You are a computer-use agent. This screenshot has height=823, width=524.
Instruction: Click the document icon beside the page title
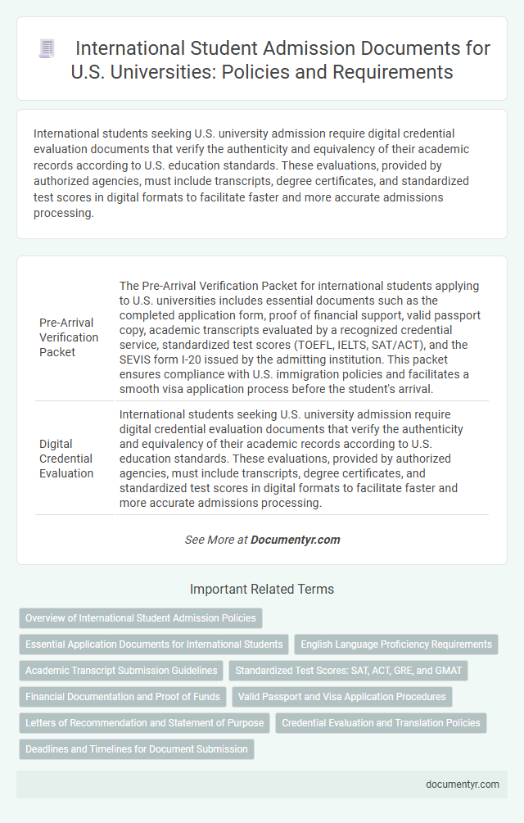coord(47,48)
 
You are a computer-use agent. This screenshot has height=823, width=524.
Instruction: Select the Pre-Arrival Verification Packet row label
coord(69,337)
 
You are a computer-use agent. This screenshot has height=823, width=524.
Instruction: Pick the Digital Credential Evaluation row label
coord(66,459)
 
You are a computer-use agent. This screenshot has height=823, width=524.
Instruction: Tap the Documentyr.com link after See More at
coord(296,540)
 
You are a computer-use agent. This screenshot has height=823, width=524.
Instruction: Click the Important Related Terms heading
coord(262,589)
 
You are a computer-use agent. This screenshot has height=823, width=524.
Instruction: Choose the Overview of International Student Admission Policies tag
coord(141,618)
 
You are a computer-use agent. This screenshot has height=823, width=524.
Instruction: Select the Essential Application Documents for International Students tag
coord(154,644)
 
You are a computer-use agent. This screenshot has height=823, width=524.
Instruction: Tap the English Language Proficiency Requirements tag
coord(396,644)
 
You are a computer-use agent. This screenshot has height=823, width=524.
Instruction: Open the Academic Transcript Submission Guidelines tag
coord(121,671)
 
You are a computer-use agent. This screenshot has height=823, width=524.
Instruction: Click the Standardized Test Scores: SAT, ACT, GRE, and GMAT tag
coord(349,671)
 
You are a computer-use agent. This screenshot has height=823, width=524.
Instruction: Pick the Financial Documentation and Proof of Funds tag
coord(123,697)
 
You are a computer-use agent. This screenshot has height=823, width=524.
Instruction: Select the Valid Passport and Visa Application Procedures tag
coord(341,697)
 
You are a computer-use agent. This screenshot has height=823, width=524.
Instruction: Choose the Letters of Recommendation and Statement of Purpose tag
coord(145,723)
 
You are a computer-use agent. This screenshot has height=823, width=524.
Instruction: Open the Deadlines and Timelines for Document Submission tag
coord(137,749)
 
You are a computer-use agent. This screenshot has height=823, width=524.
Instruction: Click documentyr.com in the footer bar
coord(463,784)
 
